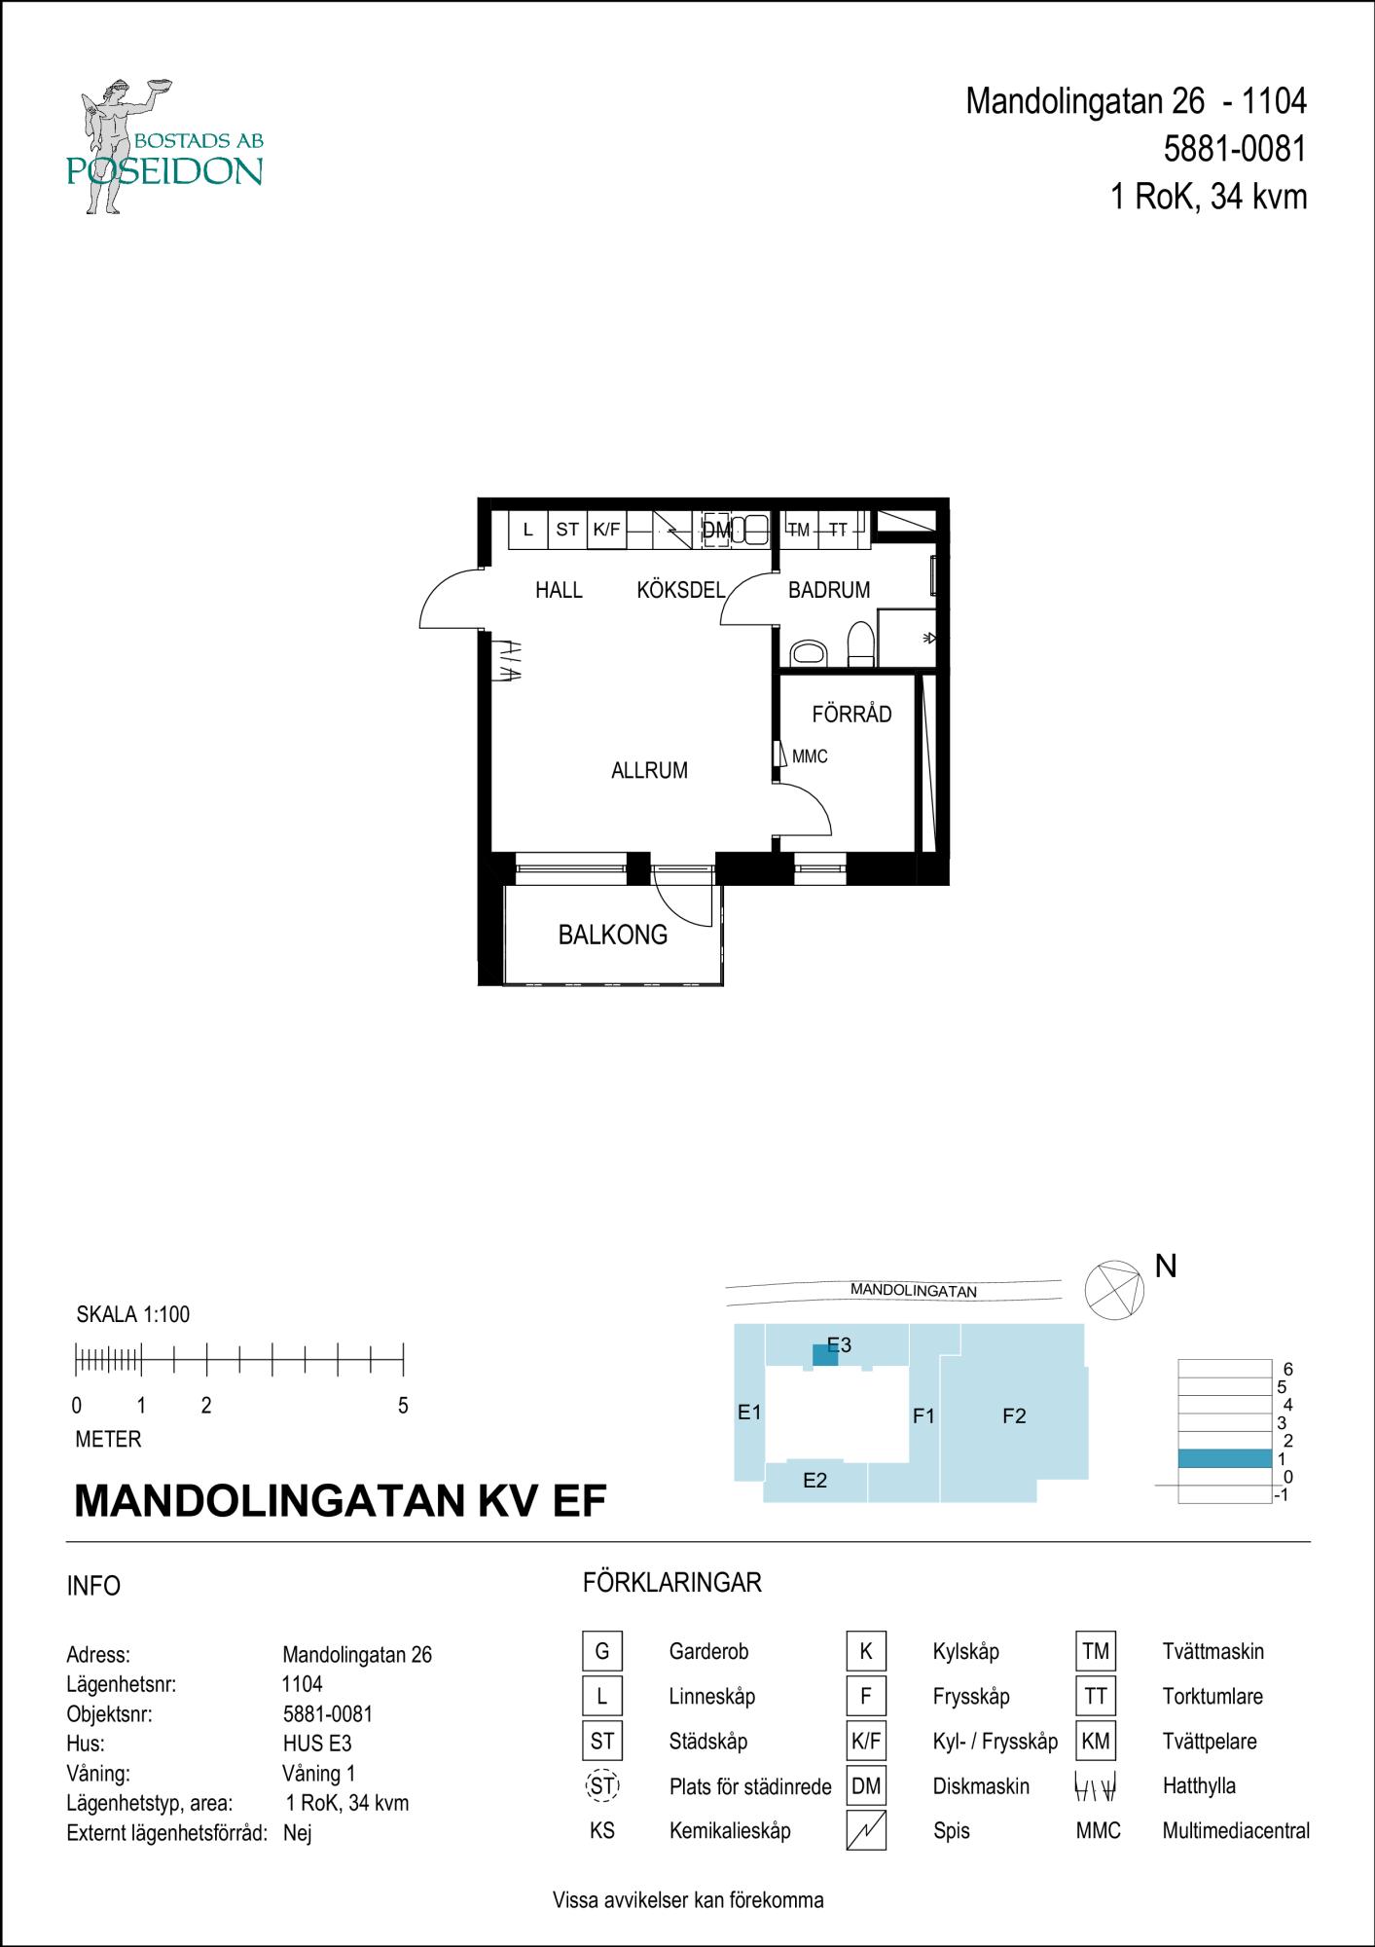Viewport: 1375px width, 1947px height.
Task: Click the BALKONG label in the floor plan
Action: (x=613, y=936)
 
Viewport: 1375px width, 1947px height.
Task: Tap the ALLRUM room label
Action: (x=649, y=771)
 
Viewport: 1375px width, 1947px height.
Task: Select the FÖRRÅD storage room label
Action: (x=851, y=714)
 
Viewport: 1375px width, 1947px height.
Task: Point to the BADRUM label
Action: (x=829, y=590)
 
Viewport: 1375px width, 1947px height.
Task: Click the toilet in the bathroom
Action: (x=861, y=644)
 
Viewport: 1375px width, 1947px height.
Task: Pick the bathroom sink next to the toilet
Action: (x=808, y=652)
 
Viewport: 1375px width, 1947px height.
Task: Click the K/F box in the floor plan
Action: (x=606, y=530)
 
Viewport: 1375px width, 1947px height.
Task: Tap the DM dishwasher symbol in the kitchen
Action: (x=716, y=531)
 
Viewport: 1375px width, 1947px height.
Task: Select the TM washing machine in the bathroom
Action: (x=799, y=530)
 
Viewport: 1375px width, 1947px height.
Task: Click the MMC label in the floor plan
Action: (x=810, y=756)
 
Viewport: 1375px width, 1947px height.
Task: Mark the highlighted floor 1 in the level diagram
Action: (x=1224, y=1458)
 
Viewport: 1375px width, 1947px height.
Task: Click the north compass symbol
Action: (x=1114, y=1289)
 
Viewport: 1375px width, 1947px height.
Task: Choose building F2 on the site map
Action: (x=1014, y=1415)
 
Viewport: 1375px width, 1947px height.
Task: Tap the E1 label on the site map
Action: (x=748, y=1412)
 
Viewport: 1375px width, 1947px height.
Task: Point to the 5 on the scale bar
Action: (x=403, y=1406)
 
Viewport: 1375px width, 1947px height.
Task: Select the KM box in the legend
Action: (x=1096, y=1741)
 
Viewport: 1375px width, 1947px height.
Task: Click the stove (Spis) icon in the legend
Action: (x=866, y=1830)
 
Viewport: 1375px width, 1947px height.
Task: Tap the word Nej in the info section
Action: (x=298, y=1833)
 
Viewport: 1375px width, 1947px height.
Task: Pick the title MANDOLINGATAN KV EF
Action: (x=341, y=1500)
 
